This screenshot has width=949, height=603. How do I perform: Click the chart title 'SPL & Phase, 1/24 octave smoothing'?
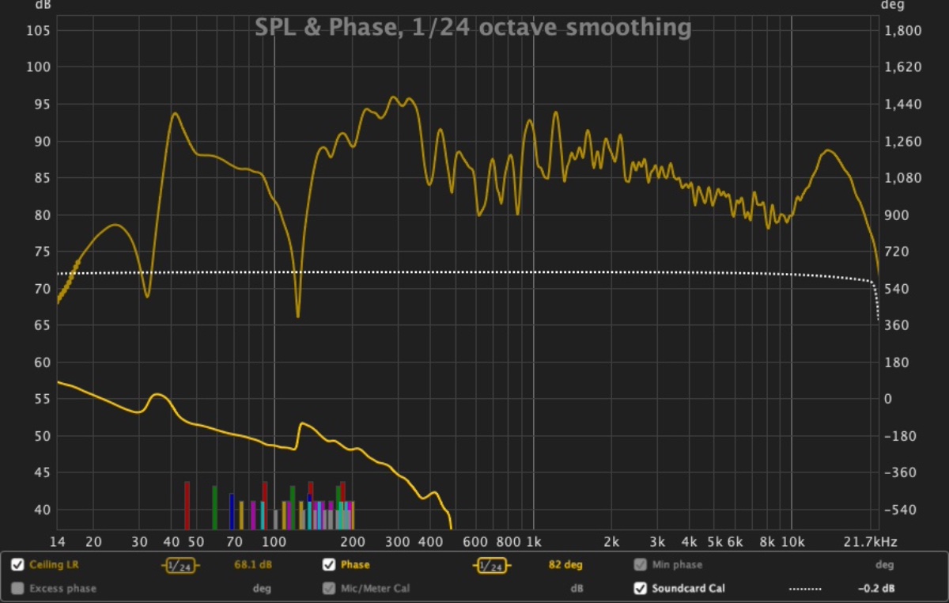click(x=473, y=28)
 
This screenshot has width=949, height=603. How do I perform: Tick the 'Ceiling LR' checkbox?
click(x=17, y=565)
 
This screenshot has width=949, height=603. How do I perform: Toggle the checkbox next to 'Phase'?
click(x=329, y=565)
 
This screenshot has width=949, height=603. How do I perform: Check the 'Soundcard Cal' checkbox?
click(x=640, y=588)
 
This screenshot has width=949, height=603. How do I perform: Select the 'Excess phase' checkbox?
click(x=17, y=588)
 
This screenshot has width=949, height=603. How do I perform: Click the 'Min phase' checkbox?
click(x=640, y=565)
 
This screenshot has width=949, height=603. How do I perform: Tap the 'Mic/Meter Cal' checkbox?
click(x=329, y=588)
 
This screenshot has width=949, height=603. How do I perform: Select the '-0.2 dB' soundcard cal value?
click(x=876, y=588)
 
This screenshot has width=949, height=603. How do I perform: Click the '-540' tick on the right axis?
click(x=899, y=510)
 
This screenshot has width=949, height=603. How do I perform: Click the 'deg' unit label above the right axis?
click(x=891, y=6)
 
